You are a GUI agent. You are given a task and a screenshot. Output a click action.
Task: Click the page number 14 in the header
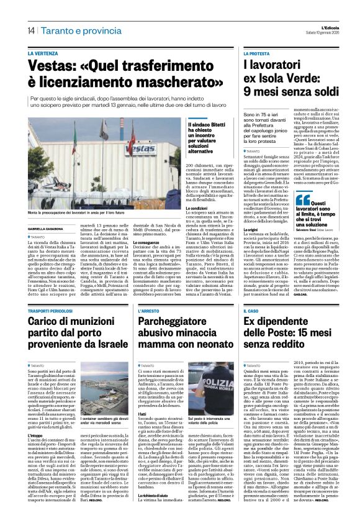point(30,30)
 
